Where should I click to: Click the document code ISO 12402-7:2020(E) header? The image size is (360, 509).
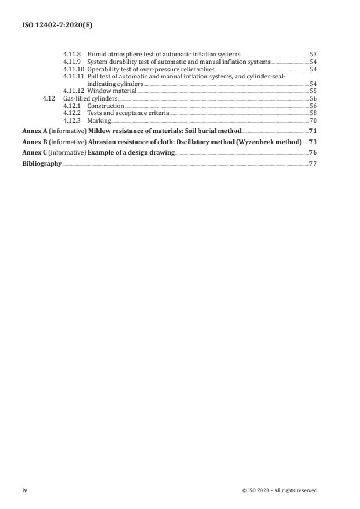click(x=49, y=26)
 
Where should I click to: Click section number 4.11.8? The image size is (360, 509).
click(x=73, y=53)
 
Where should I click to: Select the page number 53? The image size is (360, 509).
click(x=313, y=53)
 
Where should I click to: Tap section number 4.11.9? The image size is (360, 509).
click(x=73, y=61)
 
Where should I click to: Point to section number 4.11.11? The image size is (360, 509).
click(x=74, y=76)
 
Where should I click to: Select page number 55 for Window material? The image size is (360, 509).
click(x=313, y=91)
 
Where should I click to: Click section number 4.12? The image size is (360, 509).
click(x=49, y=99)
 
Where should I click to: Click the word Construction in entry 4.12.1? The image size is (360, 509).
click(x=106, y=106)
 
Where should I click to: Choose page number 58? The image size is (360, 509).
click(x=313, y=113)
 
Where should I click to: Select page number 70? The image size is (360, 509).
click(x=313, y=121)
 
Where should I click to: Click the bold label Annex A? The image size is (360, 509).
click(x=35, y=131)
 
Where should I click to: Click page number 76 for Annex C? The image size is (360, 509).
click(x=313, y=153)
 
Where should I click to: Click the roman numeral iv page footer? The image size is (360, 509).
click(x=25, y=490)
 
